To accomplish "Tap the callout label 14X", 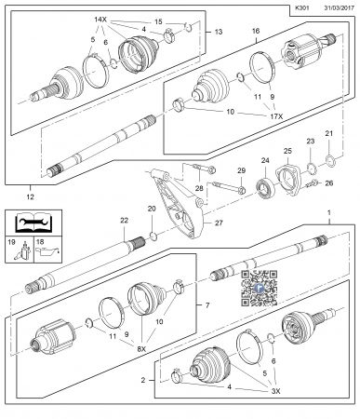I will (x=100, y=20).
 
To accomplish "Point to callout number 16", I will (x=256, y=30).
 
